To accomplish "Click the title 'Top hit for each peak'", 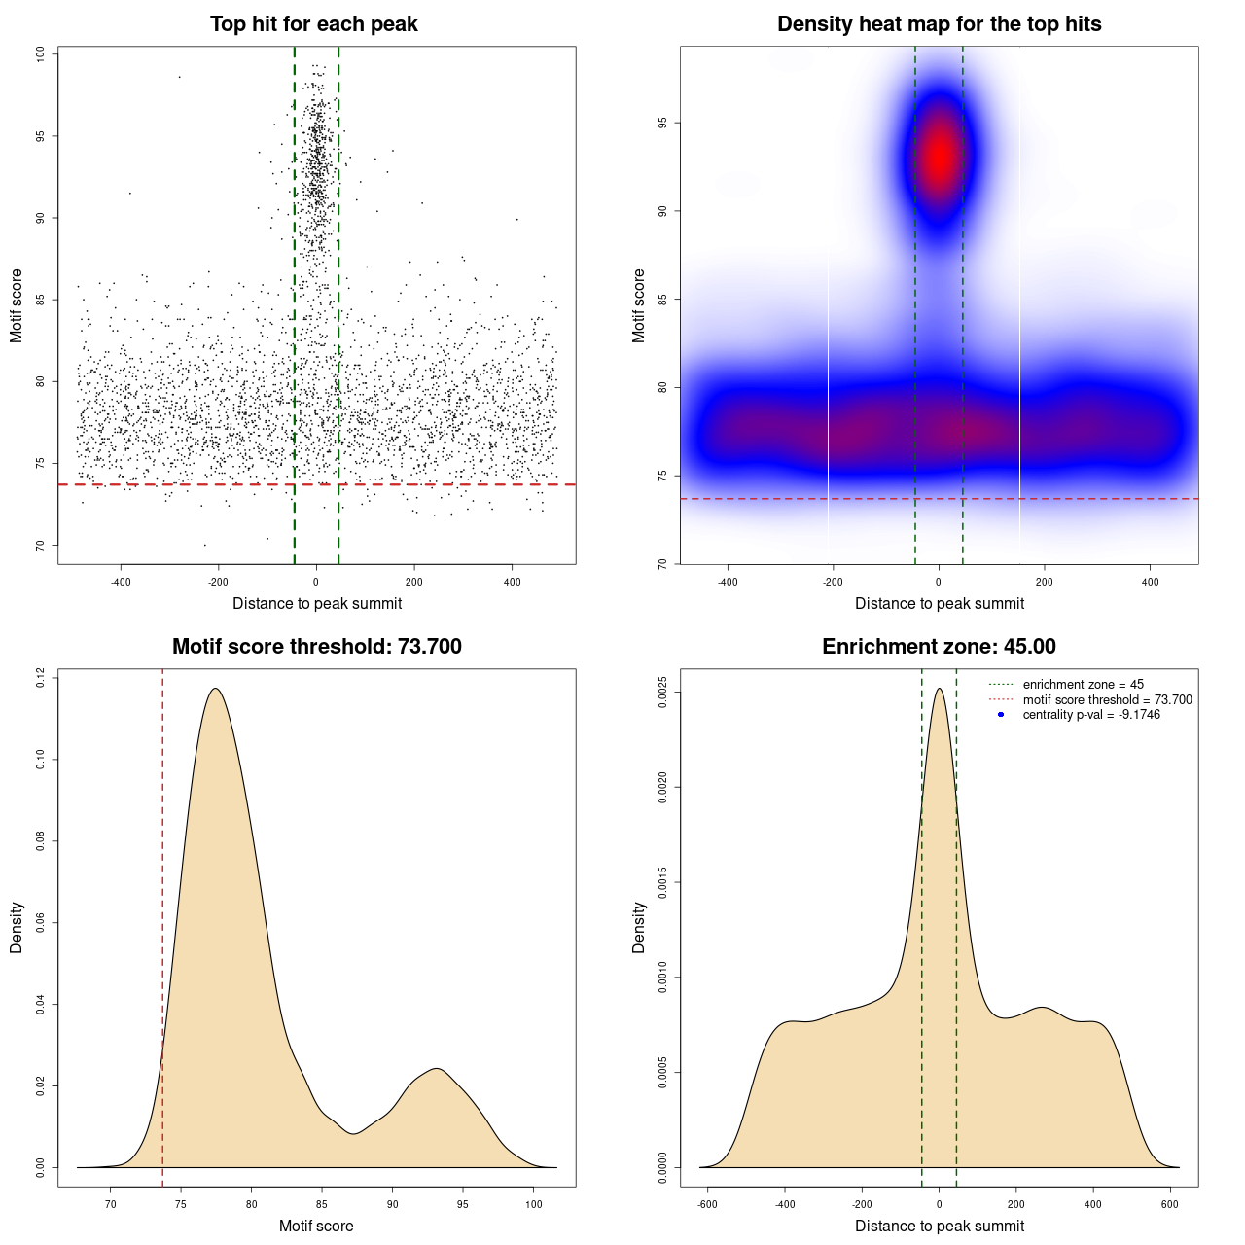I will [314, 24].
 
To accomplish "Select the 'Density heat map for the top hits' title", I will [939, 24].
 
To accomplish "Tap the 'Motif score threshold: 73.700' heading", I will [316, 647].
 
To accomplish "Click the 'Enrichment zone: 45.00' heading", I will [939, 647].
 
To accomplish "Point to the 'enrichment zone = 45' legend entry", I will [1083, 685].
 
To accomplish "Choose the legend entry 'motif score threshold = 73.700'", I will [1107, 700].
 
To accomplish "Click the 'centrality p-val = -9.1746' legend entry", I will [1091, 715].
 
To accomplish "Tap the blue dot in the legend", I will [1001, 715].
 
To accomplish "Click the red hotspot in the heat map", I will [939, 156].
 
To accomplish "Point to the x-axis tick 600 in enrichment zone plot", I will [1170, 1204].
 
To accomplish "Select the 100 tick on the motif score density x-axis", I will [533, 1204].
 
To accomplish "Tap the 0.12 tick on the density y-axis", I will [40, 677].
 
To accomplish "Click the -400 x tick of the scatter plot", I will [121, 582].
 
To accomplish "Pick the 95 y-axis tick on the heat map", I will [662, 124].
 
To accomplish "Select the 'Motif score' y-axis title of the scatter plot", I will [17, 305].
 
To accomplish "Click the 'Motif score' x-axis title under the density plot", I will [316, 1226].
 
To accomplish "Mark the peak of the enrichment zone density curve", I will [939, 689].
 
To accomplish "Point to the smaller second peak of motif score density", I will [437, 1069].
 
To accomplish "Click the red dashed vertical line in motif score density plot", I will [162, 924].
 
